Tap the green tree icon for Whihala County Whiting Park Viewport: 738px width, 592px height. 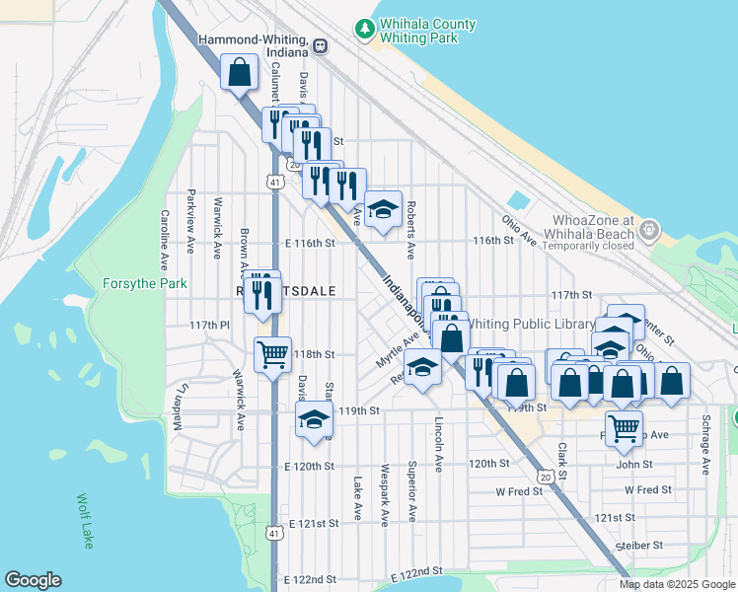(x=366, y=30)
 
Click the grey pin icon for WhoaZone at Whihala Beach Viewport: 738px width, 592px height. (x=648, y=230)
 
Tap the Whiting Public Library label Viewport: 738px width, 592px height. (x=533, y=323)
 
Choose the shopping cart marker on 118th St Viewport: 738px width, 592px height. (x=272, y=353)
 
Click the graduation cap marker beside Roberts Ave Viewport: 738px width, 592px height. (x=384, y=209)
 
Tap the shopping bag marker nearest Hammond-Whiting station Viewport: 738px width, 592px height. (x=240, y=72)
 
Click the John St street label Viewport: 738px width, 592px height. (x=634, y=464)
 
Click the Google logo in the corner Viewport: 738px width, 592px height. (x=33, y=580)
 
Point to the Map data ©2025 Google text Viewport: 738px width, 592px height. (x=676, y=584)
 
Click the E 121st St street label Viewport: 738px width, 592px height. (x=313, y=526)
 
